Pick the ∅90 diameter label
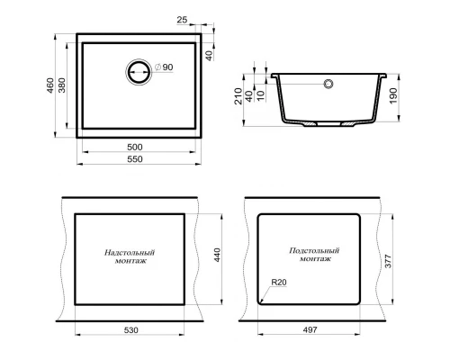(163, 67)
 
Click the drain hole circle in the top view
(139, 72)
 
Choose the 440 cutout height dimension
(216, 257)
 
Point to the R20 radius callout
(278, 283)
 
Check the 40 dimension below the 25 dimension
(210, 54)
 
